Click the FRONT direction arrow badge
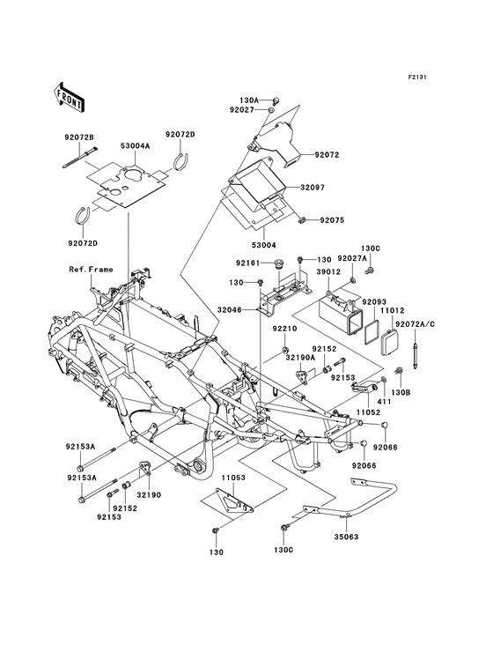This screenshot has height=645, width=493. click(70, 95)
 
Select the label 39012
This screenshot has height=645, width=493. click(329, 273)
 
